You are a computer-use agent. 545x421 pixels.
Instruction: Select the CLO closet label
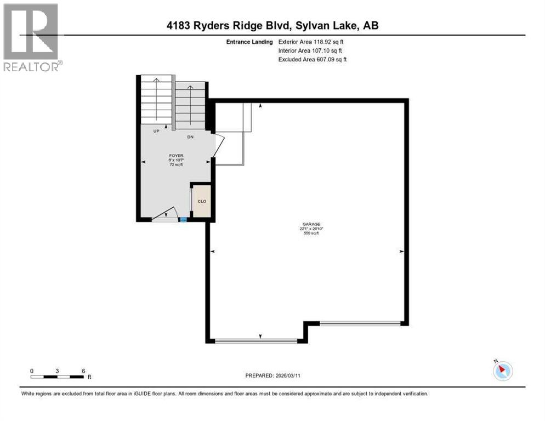[202, 201]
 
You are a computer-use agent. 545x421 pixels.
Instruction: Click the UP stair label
[156, 132]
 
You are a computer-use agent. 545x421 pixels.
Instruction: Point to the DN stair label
[190, 136]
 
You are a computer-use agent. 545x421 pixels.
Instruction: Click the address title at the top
[272, 25]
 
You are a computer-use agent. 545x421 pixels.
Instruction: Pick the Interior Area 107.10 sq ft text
[310, 50]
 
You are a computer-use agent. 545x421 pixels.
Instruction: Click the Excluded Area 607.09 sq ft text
[313, 59]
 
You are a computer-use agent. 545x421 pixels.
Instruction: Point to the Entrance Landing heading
[249, 42]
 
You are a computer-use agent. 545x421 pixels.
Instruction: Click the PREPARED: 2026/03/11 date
[272, 376]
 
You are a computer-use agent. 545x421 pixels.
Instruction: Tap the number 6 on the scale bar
[83, 371]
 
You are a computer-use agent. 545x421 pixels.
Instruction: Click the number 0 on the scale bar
[32, 371]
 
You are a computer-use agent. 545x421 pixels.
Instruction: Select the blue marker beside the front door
[183, 220]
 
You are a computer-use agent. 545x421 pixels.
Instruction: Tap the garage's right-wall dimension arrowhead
[401, 251]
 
